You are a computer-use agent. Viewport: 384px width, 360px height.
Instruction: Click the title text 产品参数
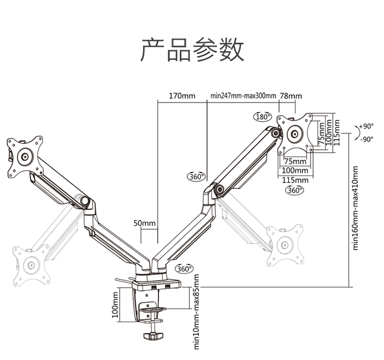(192, 50)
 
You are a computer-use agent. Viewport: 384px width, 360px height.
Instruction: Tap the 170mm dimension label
(182, 96)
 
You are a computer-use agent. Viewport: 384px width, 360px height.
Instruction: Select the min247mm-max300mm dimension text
(243, 96)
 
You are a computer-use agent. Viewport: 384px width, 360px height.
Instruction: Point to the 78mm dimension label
(291, 96)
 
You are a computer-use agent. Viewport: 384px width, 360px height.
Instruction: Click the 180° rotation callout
(263, 117)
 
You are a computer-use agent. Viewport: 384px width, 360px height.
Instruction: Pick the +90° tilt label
(367, 126)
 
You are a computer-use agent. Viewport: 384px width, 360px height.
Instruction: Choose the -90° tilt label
(367, 139)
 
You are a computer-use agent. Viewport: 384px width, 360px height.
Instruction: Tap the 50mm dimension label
(144, 223)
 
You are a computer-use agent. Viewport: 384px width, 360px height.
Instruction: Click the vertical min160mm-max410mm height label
(356, 208)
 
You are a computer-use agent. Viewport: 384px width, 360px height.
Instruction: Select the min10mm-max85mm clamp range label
(197, 312)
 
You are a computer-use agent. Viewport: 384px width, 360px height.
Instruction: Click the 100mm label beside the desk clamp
(115, 305)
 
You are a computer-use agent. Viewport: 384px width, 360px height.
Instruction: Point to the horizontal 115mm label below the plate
(295, 180)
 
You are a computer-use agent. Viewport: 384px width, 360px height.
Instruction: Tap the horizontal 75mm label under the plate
(295, 161)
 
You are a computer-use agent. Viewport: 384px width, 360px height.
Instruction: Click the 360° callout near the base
(184, 269)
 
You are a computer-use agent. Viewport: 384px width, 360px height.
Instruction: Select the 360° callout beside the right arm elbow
(197, 176)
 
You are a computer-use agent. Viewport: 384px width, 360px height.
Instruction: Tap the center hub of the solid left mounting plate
(25, 157)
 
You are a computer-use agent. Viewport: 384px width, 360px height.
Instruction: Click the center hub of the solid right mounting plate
(294, 134)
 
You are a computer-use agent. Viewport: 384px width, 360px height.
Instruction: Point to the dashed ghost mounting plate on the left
(31, 265)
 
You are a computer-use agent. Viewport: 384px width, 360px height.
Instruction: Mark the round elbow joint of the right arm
(219, 189)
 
